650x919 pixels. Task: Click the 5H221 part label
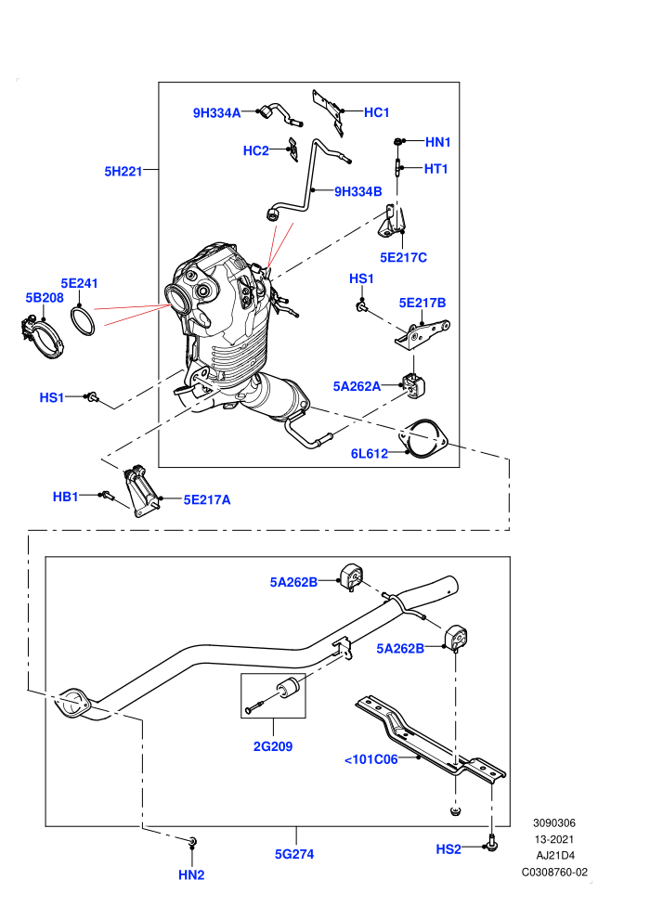pos(123,171)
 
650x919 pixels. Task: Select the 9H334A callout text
pos(217,113)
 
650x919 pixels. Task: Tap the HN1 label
pos(438,142)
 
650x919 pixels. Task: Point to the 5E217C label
pos(403,257)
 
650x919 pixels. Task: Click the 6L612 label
pos(370,453)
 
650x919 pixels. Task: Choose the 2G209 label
pos(273,746)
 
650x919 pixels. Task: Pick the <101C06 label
pos(371,759)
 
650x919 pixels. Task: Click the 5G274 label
pos(294,854)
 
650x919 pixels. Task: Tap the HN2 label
pos(191,874)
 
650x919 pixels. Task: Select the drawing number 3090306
pos(554,822)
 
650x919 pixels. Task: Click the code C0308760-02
pos(554,872)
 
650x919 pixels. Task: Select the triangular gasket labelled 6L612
pos(422,439)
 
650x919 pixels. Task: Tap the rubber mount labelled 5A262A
pos(414,384)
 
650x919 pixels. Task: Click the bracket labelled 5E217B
pos(422,335)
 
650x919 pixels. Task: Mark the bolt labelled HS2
pos(491,845)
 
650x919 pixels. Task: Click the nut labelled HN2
pos(193,842)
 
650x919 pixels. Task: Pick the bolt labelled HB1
pos(108,496)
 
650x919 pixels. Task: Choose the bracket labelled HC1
pos(328,111)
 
